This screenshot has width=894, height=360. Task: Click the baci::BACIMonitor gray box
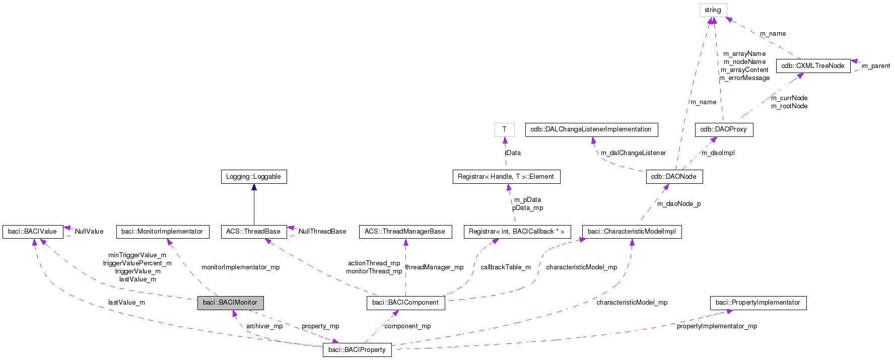click(x=230, y=303)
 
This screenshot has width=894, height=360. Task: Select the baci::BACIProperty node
click(x=357, y=350)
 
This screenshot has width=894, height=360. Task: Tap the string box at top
click(x=713, y=10)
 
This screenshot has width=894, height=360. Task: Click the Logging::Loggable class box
click(x=253, y=177)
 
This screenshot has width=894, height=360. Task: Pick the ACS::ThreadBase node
click(x=253, y=232)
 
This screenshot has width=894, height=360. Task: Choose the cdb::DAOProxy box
click(x=723, y=129)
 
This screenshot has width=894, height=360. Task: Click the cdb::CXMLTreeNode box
click(x=813, y=66)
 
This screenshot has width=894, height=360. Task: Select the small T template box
click(x=504, y=129)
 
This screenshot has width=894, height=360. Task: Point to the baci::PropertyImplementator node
click(x=758, y=303)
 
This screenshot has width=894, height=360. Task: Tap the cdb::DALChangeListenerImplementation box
click(x=591, y=129)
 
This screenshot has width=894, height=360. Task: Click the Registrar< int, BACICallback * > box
click(x=517, y=232)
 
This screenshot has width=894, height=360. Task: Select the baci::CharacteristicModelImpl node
click(x=632, y=232)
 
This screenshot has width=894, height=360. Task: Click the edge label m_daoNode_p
click(x=678, y=204)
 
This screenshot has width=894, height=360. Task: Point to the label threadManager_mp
click(x=434, y=267)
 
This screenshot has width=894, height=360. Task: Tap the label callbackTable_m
click(x=505, y=267)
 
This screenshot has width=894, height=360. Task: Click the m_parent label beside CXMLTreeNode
click(x=876, y=66)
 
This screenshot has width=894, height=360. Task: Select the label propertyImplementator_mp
click(x=717, y=326)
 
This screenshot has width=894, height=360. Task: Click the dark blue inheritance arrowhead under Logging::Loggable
click(x=254, y=187)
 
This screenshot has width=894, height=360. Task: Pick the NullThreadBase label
click(x=322, y=232)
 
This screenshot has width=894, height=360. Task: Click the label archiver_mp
click(x=264, y=326)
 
